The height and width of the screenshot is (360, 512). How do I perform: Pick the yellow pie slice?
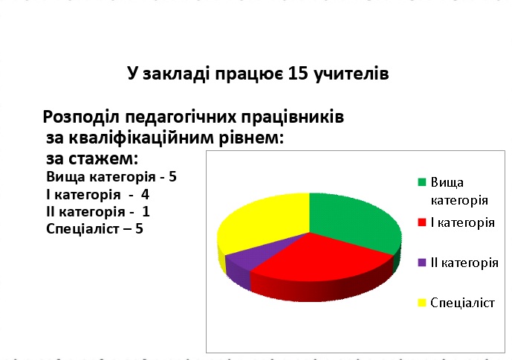click(x=262, y=222)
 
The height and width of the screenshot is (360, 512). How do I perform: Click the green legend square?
click(x=422, y=182)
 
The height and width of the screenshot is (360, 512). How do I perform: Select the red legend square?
click(x=422, y=222)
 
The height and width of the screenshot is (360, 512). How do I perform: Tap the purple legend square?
click(x=422, y=263)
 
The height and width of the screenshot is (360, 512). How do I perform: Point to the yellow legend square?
click(x=422, y=303)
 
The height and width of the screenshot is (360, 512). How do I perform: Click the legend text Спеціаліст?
click(x=462, y=303)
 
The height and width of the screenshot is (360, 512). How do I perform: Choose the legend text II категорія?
click(x=464, y=263)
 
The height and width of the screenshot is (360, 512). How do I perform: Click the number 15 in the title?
click(x=298, y=73)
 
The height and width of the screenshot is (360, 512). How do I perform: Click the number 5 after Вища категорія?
click(x=172, y=177)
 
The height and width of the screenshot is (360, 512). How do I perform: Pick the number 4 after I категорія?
click(x=145, y=195)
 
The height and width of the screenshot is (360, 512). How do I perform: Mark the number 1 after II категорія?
click(x=146, y=212)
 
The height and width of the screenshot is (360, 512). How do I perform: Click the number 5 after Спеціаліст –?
click(x=139, y=229)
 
